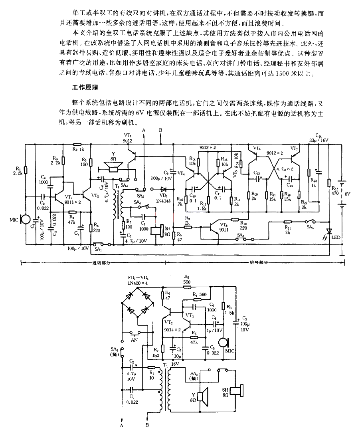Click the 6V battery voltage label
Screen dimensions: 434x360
pos(347,194)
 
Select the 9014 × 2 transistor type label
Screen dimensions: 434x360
pos(172,330)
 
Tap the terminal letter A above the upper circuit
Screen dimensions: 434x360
pos(144,131)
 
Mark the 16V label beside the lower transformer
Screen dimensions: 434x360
pos(175,364)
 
